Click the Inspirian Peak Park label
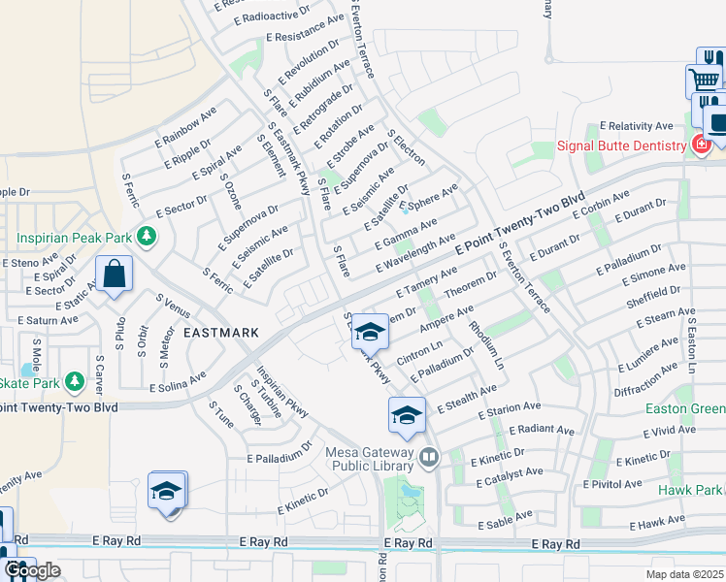coord(76,236)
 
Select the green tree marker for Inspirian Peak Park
coord(148,236)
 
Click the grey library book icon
coord(429,455)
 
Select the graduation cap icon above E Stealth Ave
coord(407,416)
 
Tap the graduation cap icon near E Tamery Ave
coord(370,333)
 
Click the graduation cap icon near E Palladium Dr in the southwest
coord(167,490)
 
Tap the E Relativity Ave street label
coord(636,126)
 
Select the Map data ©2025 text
coord(684,574)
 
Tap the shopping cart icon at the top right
coord(705,79)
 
